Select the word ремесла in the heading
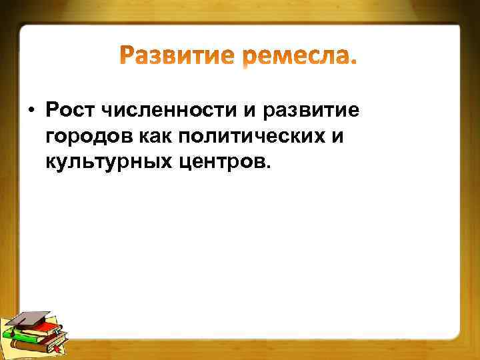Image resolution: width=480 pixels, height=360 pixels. coord(299,59)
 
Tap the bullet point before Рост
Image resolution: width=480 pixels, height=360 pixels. coord(31,109)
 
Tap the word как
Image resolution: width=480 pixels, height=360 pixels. coord(159,137)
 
